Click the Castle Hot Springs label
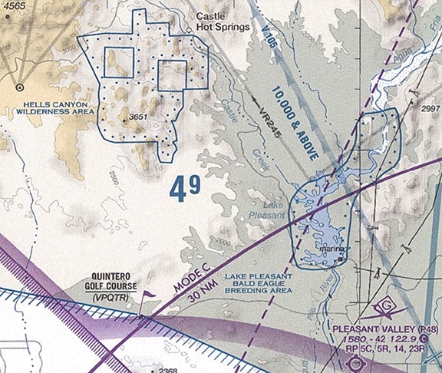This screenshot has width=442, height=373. pyautogui.click(x=223, y=21)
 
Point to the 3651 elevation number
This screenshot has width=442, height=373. pyautogui.click(x=138, y=117)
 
